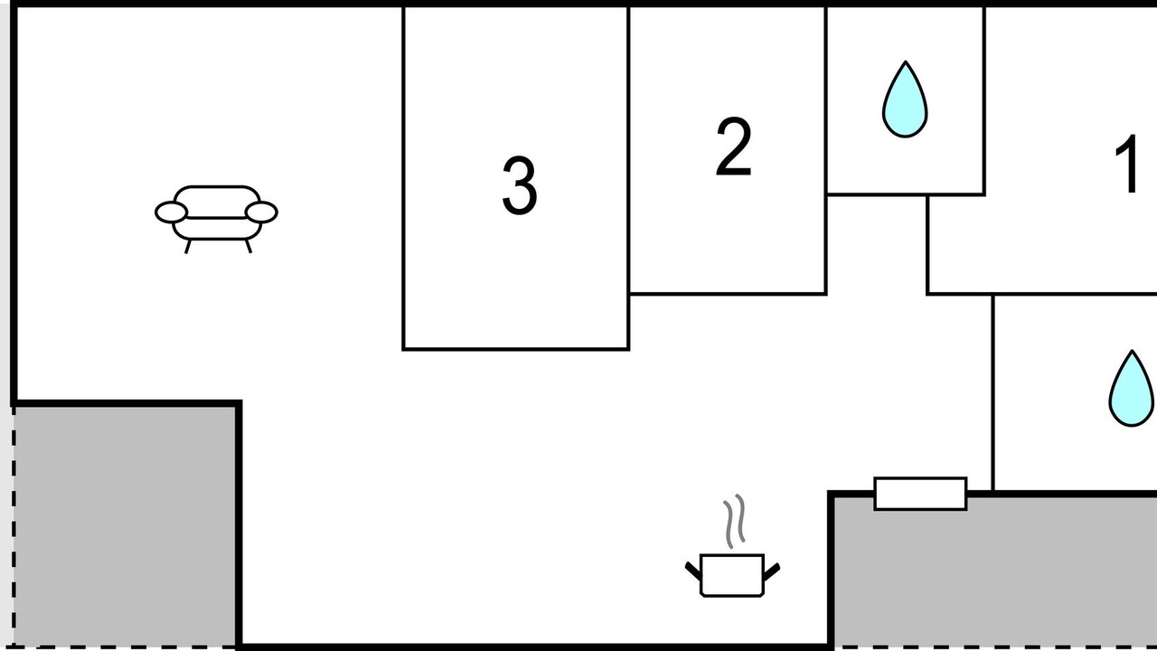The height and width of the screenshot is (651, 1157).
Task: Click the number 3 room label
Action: click(x=520, y=186)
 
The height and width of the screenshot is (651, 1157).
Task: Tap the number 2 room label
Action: click(x=733, y=146)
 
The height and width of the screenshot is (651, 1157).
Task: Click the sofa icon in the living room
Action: click(x=216, y=219)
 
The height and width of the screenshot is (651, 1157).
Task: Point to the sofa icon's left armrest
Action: click(x=171, y=212)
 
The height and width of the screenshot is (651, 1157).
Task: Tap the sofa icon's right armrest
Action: click(x=261, y=212)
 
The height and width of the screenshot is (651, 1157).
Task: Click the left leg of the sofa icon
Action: click(x=188, y=247)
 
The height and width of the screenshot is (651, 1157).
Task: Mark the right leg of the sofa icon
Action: click(x=249, y=247)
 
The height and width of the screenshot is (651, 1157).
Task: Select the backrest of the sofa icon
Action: click(x=216, y=202)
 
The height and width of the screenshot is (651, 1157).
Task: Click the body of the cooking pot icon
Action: click(x=732, y=576)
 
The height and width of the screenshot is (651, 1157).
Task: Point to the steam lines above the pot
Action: click(x=734, y=521)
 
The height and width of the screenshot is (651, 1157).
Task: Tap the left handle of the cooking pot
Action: click(x=693, y=571)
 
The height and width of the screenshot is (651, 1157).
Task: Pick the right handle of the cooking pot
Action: click(x=772, y=571)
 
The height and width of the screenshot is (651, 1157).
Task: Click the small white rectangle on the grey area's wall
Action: click(x=920, y=494)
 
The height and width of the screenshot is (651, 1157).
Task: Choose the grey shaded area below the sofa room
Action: click(x=125, y=526)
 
